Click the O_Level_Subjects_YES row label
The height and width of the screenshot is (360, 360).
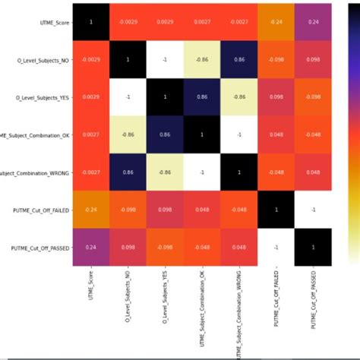tap(41, 97)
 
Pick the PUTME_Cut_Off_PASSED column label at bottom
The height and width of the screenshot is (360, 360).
tap(314, 303)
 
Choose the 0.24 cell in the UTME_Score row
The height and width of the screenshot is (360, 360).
tap(314, 23)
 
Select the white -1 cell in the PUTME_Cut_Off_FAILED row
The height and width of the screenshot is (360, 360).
tap(314, 210)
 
